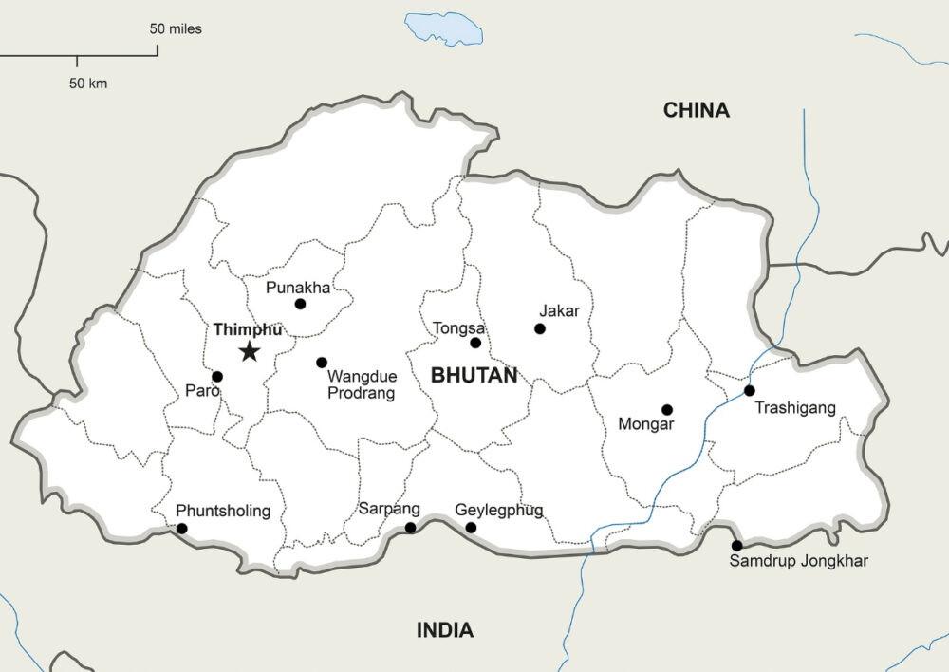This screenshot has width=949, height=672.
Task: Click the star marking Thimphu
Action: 249,352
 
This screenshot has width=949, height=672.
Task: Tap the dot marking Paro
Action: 217,377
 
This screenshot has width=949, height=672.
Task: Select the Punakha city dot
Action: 300,304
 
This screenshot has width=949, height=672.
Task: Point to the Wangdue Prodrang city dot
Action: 322,363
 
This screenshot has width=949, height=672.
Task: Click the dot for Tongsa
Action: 475,343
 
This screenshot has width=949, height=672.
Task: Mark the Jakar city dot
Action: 540,328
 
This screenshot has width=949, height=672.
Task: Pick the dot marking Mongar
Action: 667,410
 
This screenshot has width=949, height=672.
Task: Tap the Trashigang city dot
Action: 749,390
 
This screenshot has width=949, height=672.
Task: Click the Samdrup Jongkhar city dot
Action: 736,545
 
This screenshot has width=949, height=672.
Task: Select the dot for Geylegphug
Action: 471,528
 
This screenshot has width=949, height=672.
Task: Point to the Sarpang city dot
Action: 410,528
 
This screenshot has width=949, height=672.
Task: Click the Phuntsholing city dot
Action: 182,529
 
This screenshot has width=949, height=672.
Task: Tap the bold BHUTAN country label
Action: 474,376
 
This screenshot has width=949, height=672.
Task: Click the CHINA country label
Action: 697,110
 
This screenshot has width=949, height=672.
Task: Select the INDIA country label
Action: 445,629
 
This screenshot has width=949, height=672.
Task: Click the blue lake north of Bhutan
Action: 443,28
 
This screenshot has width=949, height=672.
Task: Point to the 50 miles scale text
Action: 176,28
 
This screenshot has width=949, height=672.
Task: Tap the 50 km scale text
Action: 88,84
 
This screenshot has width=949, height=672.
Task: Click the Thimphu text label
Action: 248,329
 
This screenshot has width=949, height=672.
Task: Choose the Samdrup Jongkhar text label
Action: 798,561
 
